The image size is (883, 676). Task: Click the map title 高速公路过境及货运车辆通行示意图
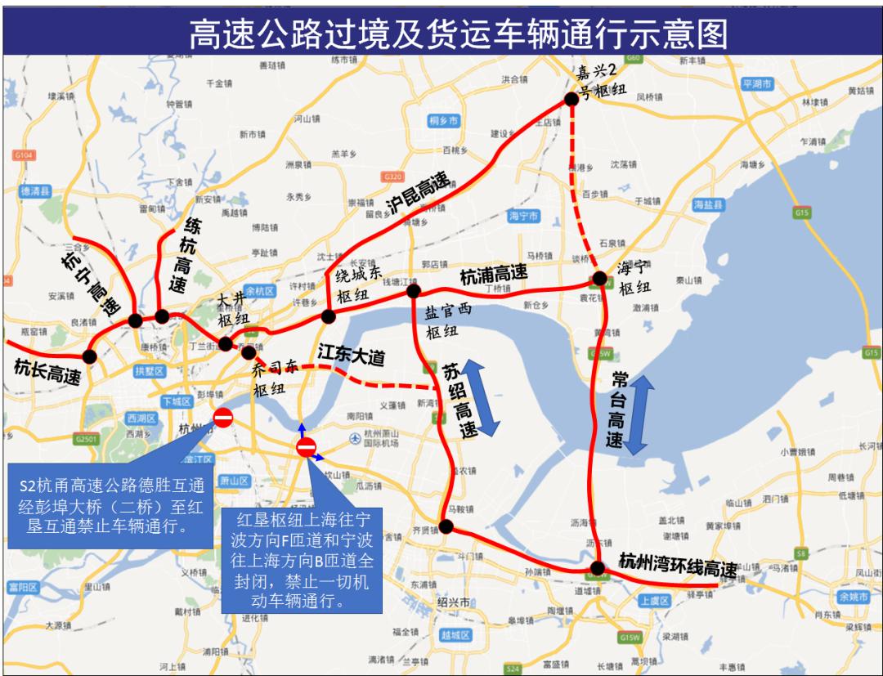[458, 34]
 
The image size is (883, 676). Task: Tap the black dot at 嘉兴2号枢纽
[571, 100]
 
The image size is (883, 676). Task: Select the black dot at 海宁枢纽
[599, 278]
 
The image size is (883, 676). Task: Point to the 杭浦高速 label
[493, 275]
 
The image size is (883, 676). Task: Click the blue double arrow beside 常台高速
[638, 414]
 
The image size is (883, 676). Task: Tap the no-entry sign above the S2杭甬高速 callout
[222, 419]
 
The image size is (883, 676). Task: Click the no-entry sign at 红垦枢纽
[307, 447]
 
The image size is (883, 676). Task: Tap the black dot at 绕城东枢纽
[329, 316]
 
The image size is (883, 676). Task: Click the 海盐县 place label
[708, 204]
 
